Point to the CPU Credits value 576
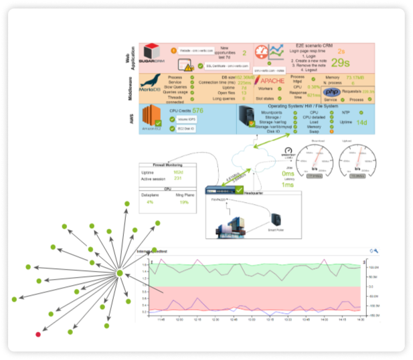pos(198,111)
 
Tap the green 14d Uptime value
pos(361,123)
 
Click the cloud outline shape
pos(247,161)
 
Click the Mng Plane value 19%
pos(184,201)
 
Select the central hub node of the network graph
pos(119,273)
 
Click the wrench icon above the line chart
pos(377,251)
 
